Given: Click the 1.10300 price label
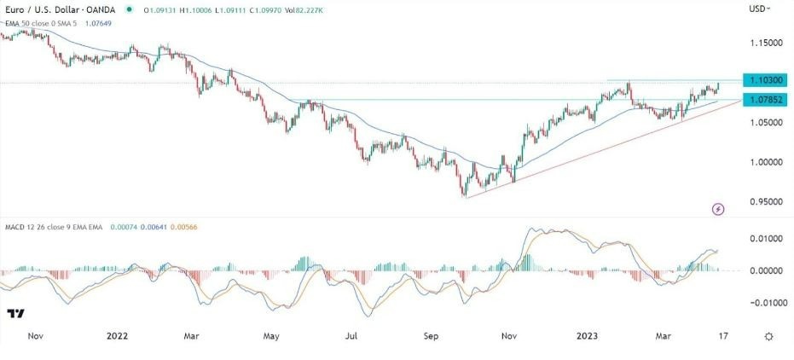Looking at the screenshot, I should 762,79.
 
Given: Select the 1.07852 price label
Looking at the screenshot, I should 762,100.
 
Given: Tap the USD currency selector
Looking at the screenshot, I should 758,9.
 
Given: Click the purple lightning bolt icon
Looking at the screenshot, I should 719,208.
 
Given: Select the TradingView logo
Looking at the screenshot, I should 16,314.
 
